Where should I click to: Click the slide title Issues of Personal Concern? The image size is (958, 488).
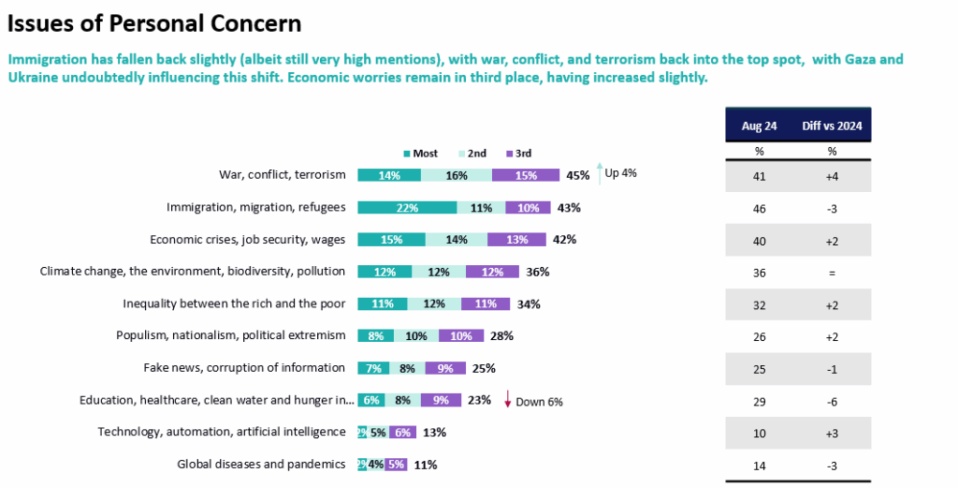[x=154, y=22]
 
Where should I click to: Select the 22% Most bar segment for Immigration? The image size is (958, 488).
[x=407, y=207]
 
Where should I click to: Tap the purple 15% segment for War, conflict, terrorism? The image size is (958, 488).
[x=525, y=174]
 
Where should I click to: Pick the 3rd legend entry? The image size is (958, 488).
[x=519, y=153]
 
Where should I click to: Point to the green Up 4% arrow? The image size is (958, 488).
[x=599, y=172]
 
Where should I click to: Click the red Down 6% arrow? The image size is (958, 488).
[x=507, y=400]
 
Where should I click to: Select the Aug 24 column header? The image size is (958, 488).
[x=759, y=126]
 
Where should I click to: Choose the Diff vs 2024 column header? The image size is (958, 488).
[x=832, y=126]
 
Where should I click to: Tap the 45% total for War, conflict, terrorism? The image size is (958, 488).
[x=577, y=174]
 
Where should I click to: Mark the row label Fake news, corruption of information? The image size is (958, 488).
[x=244, y=367]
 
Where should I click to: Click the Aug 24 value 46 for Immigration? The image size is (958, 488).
[x=759, y=207]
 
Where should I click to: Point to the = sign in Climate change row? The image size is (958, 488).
[x=832, y=272]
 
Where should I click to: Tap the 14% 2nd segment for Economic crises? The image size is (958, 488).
[x=457, y=239]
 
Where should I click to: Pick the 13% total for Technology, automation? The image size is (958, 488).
[x=434, y=432]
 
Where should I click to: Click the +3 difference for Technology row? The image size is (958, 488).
[x=832, y=432]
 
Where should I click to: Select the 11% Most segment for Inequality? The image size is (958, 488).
[x=382, y=303]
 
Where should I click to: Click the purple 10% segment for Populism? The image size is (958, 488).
[x=462, y=335]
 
